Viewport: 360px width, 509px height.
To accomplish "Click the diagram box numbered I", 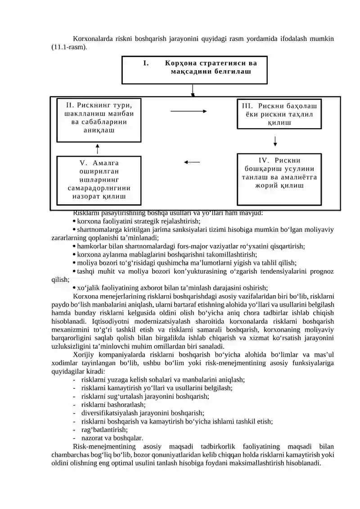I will coord(194,70).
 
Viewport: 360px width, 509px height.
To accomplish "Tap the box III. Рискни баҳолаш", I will coord(279,114).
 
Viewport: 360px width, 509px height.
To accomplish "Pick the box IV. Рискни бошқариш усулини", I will coord(279,179).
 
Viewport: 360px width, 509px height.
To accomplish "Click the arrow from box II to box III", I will coord(188,111).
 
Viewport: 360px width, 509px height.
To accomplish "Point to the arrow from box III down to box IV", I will coord(275,141).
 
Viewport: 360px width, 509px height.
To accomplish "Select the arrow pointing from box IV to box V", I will coord(192,162).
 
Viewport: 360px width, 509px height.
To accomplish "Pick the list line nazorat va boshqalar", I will coord(112,438).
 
